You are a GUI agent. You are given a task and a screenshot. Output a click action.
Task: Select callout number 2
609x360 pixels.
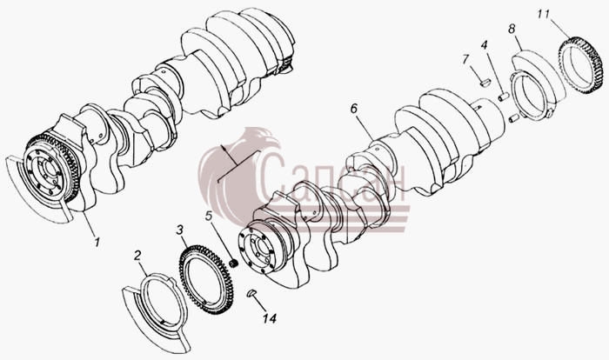[137, 255]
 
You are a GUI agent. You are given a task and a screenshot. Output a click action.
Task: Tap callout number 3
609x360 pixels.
[179, 230]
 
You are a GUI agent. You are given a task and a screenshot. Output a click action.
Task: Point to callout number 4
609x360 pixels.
[484, 45]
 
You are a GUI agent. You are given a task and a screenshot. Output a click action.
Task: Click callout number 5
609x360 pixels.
[209, 216]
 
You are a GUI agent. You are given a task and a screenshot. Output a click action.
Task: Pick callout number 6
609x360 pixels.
[353, 109]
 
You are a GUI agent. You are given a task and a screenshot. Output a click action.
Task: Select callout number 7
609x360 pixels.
[465, 59]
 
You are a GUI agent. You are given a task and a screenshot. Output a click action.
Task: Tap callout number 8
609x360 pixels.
[512, 29]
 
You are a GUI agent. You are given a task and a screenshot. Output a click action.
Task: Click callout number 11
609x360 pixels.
[544, 15]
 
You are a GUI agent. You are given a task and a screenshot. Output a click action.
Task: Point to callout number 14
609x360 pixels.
[269, 318]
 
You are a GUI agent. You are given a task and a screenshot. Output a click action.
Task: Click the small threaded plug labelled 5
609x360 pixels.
[234, 263]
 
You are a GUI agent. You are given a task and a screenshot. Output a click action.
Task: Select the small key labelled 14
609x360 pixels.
[251, 292]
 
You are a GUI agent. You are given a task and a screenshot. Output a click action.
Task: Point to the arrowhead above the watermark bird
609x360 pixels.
[224, 148]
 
